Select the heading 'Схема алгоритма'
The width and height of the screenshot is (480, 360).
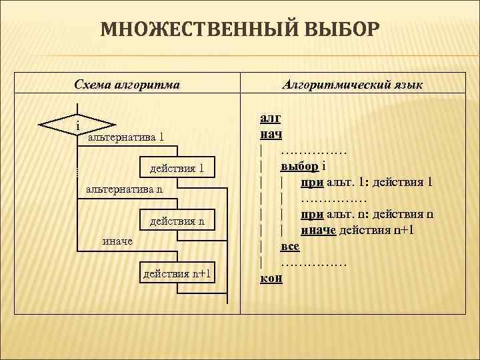tap(127, 85)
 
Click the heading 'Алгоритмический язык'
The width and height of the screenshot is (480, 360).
tap(353, 85)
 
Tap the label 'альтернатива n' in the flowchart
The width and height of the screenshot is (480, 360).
tap(125, 191)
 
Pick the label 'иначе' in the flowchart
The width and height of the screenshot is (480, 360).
tap(117, 241)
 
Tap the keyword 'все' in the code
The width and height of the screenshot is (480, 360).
tap(290, 247)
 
